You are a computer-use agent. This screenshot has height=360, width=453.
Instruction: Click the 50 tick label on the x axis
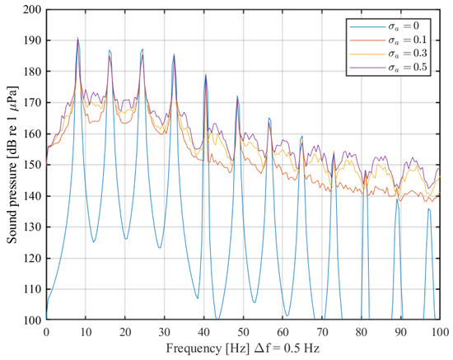pos(243,330)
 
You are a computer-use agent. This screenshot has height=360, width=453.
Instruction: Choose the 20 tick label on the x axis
pos(125,330)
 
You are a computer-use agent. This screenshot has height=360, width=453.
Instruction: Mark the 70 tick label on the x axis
pos(322,330)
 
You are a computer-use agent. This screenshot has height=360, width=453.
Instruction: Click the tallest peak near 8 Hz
pos(77,39)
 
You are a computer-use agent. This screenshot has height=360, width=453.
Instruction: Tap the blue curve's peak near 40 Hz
pos(205,76)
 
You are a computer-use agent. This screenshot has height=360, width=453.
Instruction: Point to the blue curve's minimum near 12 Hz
pos(94,241)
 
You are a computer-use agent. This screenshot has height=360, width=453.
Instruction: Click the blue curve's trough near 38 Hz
pos(198,297)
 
